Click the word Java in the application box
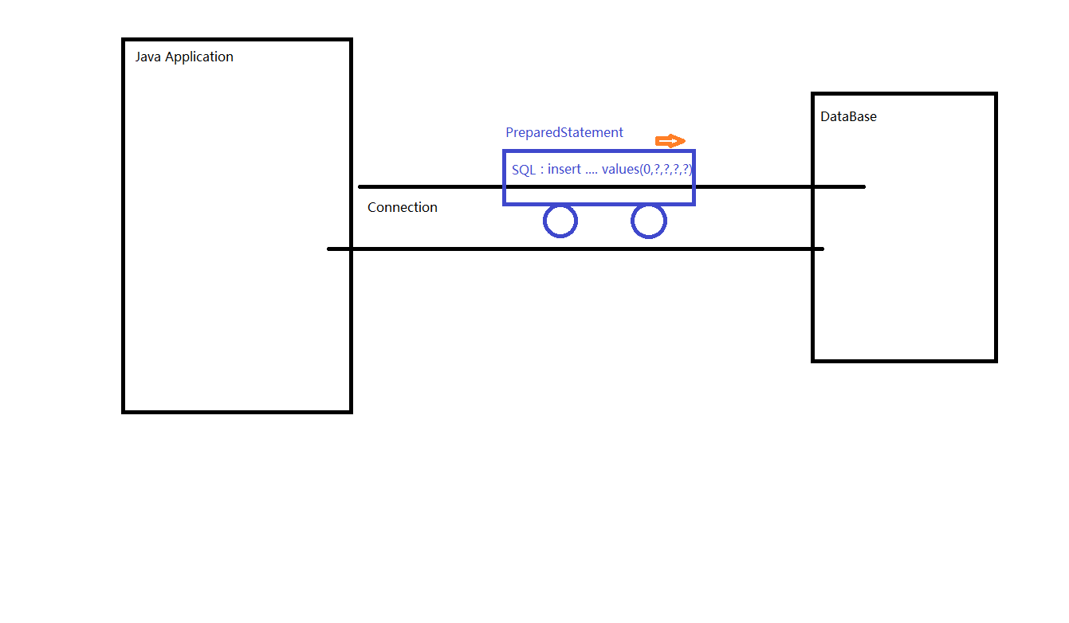(x=148, y=57)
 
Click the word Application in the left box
(x=199, y=57)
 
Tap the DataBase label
(x=848, y=116)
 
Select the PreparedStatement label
(x=564, y=132)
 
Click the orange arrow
(x=670, y=141)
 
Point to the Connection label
(x=403, y=207)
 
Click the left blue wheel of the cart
(x=560, y=221)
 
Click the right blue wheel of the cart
(x=649, y=221)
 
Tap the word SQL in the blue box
(x=524, y=170)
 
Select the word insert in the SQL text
(x=564, y=169)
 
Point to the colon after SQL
(x=542, y=170)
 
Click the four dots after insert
(x=591, y=173)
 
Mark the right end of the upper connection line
(x=865, y=187)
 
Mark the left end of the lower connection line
(x=328, y=249)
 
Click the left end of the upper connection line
(x=360, y=187)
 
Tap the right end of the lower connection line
(x=823, y=249)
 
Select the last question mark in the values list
(x=686, y=169)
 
